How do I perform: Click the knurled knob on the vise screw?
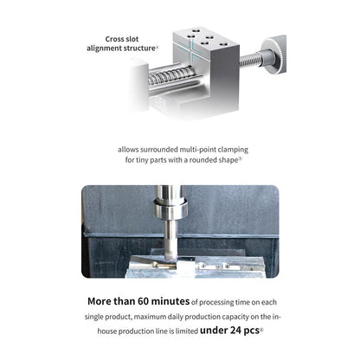pyautogui.click(x=274, y=55)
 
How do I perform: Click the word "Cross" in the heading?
pyautogui.click(x=114, y=39)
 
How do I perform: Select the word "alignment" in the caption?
pyautogui.click(x=104, y=48)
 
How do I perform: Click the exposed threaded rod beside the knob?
pyautogui.click(x=251, y=60)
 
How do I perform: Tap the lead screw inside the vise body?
pyautogui.click(x=170, y=76)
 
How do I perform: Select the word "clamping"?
pyautogui.click(x=233, y=150)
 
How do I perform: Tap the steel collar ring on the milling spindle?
pyautogui.click(x=170, y=208)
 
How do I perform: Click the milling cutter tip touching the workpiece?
pyautogui.click(x=170, y=257)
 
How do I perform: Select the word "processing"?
pyautogui.click(x=216, y=303)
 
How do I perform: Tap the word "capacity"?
pyautogui.click(x=235, y=317)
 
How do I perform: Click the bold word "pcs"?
pyautogui.click(x=252, y=331)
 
